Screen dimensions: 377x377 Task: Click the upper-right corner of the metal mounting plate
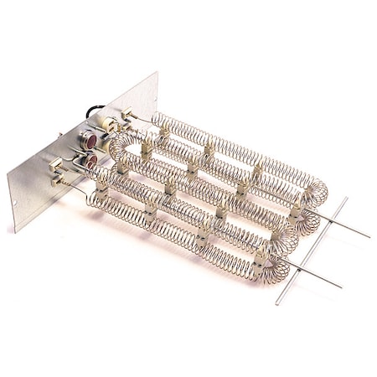[156, 74]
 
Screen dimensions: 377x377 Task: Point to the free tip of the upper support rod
[369, 237]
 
